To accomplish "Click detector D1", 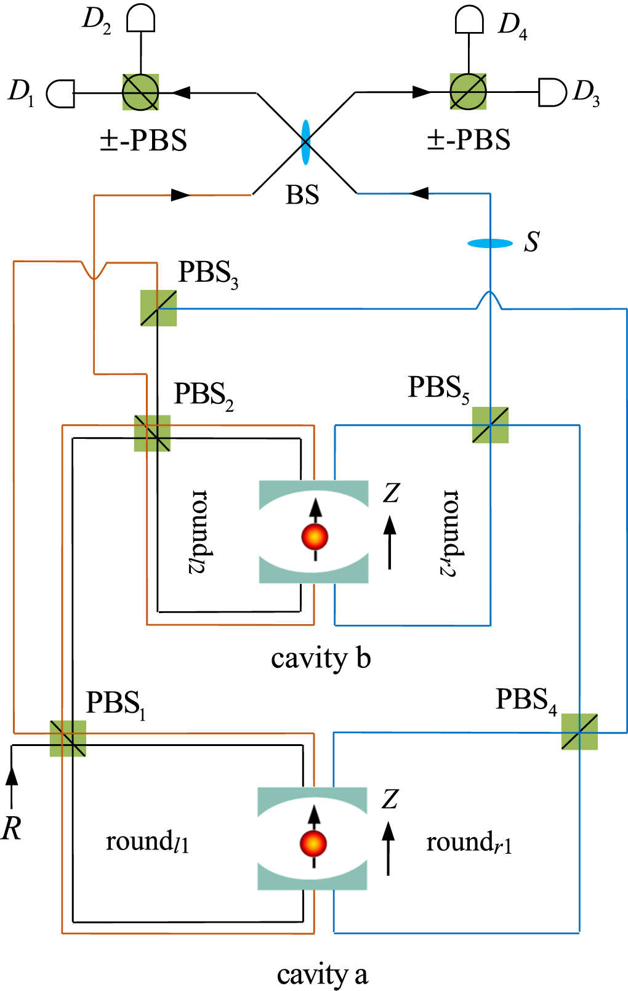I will point(61,94).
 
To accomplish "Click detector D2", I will point(140,19).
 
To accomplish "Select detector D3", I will point(552,92).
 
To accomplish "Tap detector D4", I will point(469,20).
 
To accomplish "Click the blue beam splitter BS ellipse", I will point(305,142).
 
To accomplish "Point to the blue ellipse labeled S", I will point(490,244).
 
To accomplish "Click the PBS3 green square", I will point(158,308).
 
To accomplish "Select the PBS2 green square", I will point(152,433).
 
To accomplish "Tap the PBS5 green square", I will point(490,425).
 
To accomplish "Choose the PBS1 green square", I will point(68,738).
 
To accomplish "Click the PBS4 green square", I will point(579,731).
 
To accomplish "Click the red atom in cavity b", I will point(315,537).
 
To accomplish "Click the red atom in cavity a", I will point(313,843).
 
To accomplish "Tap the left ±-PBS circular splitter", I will point(140,92).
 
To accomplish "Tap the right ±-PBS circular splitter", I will point(468,92).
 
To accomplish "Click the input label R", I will point(12,829).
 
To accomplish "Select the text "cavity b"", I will point(321,659).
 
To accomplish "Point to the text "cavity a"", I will point(322,974).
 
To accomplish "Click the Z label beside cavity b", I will point(392,493).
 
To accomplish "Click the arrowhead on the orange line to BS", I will point(180,195).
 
